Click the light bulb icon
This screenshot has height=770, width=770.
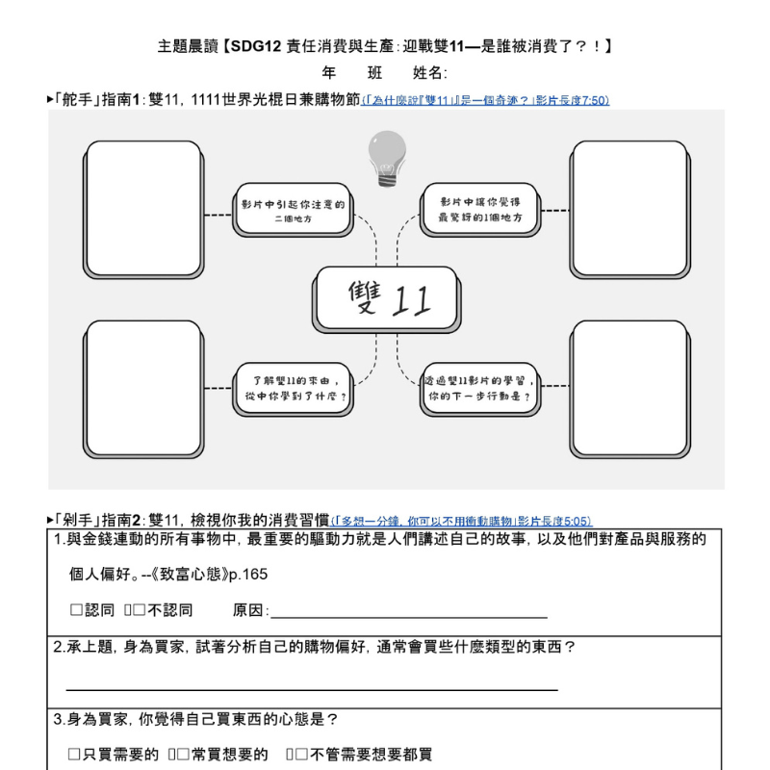[387, 159]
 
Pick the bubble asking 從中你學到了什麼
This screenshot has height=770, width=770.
[295, 388]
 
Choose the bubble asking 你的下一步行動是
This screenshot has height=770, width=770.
[479, 388]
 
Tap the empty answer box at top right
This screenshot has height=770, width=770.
[629, 208]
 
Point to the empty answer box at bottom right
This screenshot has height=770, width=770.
[629, 389]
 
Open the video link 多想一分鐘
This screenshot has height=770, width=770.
[461, 521]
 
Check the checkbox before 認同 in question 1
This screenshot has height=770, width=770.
[76, 610]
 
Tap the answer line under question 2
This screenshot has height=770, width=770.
[311, 687]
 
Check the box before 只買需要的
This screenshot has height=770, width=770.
[74, 756]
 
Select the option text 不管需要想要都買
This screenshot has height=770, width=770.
[371, 756]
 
